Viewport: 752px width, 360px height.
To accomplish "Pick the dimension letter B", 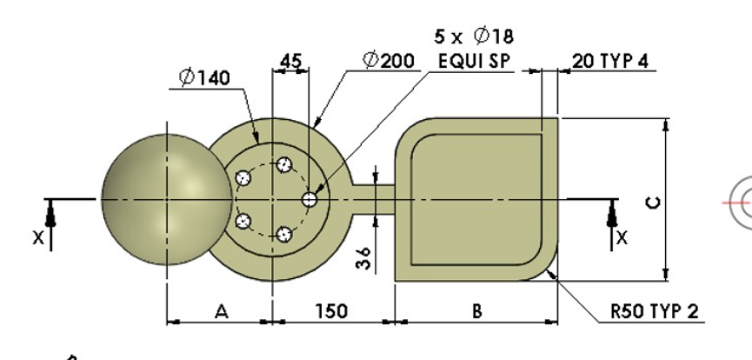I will tap(476, 310).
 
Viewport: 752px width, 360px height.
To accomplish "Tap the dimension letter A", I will tap(221, 310).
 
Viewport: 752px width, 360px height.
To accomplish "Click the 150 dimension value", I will tap(334, 310).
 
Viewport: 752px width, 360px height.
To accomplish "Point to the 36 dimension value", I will tap(365, 258).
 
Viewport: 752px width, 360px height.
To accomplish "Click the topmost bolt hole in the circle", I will tap(283, 163).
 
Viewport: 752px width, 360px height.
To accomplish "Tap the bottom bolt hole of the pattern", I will tap(283, 233).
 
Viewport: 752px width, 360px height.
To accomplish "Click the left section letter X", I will tap(37, 237).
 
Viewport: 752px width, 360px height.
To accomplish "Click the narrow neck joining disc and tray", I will tap(373, 192).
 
